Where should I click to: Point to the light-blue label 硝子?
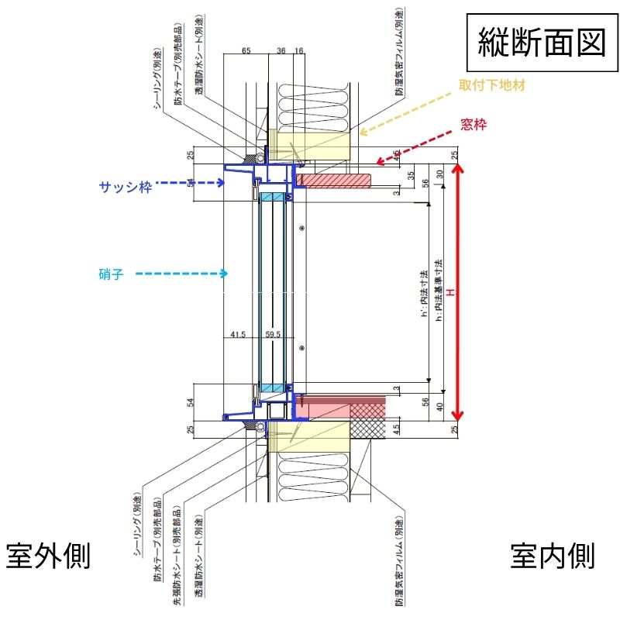coord(112,273)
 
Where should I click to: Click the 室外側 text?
coord(49,556)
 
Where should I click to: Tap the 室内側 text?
coord(553,556)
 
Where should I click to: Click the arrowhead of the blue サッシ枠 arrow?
coord(224,184)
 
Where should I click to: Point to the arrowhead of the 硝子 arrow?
coord(226,273)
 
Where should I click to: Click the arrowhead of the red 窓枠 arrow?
coord(377,163)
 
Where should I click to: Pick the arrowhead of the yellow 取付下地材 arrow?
coord(359,133)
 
